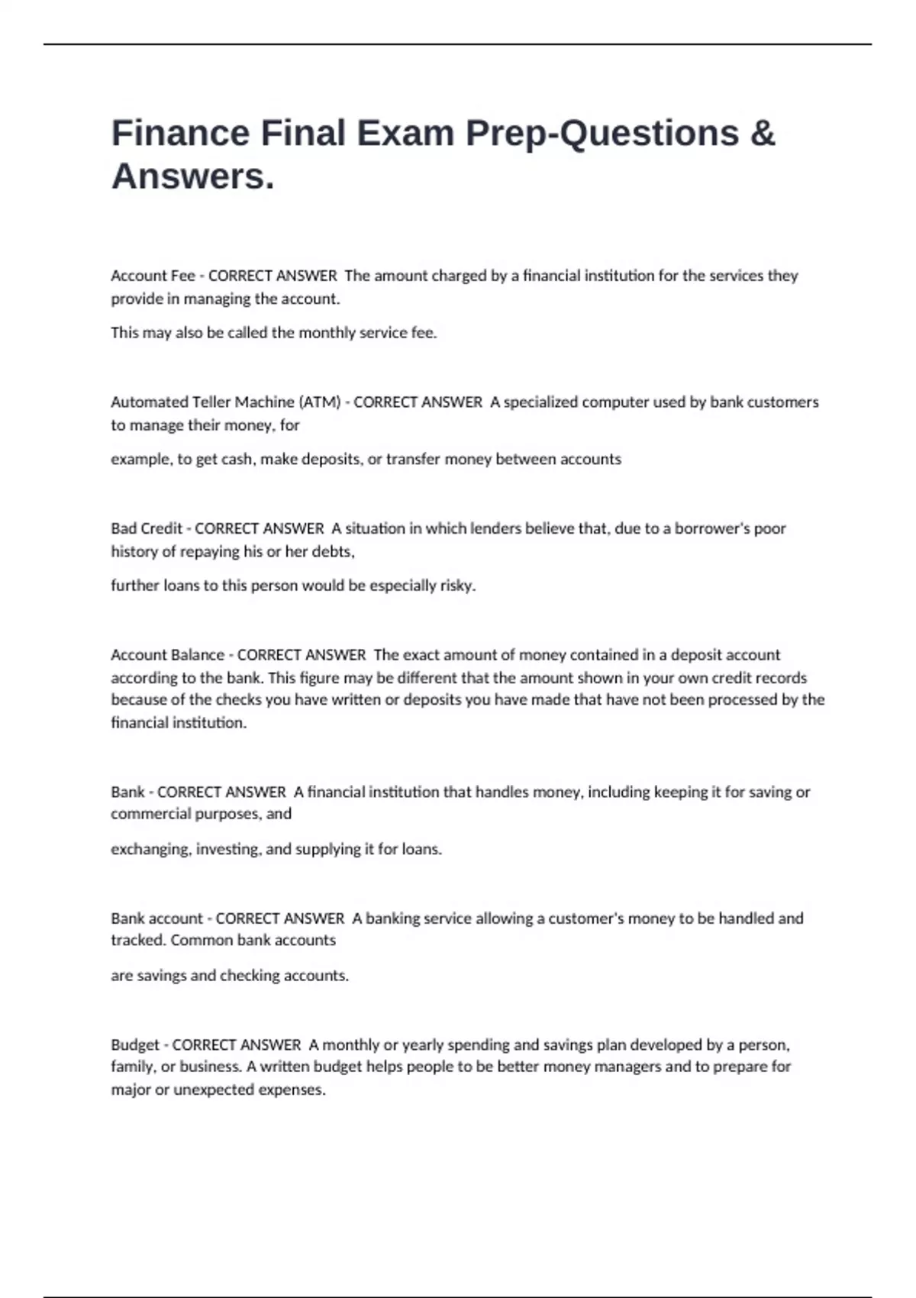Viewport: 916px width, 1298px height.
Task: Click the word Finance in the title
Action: tap(180, 133)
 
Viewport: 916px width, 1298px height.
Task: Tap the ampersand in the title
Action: tap(763, 133)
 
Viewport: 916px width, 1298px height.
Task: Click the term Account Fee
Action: tap(153, 276)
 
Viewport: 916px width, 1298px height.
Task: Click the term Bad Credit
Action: tap(147, 528)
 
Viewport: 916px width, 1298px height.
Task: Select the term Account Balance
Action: tap(167, 655)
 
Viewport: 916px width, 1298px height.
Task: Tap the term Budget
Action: tap(135, 1045)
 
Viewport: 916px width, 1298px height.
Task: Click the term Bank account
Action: tap(156, 919)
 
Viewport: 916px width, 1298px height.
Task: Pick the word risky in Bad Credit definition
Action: tap(456, 586)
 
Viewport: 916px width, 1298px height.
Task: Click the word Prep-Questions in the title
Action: tap(602, 133)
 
